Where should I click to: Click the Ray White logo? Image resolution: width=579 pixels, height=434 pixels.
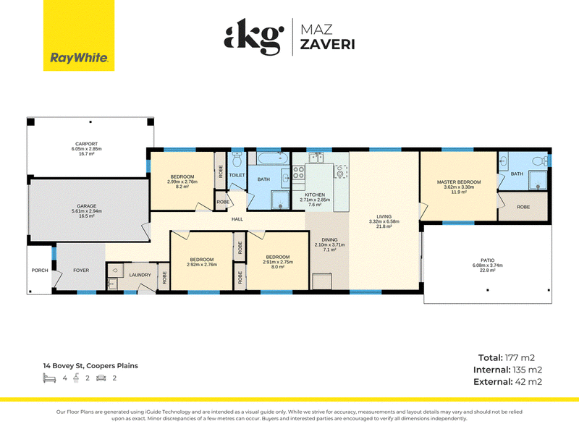pos(79,35)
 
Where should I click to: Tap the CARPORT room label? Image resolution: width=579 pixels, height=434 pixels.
pos(86,144)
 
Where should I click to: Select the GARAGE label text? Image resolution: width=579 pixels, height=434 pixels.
pos(87,206)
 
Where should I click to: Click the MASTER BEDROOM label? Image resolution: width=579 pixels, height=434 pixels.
pos(459,182)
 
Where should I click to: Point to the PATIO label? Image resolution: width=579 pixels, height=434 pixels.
pos(487,260)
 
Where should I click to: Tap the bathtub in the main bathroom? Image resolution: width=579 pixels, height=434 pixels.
pos(273,158)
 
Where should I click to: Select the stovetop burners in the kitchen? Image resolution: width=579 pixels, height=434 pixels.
pos(298,173)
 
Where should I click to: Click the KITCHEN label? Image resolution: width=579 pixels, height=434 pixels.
pos(315,195)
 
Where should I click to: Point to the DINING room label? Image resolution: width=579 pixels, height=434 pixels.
pos(329,239)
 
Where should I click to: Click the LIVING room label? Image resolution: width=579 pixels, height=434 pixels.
pos(384,216)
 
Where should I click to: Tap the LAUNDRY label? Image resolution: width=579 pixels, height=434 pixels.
pos(140,275)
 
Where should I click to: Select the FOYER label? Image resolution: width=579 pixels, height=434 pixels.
pos(81,270)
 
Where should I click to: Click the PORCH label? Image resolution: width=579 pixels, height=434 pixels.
pos(40,270)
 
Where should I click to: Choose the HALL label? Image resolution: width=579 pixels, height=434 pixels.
pos(237,219)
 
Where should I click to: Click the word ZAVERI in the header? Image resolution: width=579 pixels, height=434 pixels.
pos(328,44)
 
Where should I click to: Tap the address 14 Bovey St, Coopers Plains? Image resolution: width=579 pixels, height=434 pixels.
pos(90,366)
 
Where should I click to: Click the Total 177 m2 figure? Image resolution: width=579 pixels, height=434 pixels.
pos(506,357)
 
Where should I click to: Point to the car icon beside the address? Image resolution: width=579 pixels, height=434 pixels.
pos(101,378)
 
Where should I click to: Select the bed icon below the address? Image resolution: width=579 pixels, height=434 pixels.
pos(49,378)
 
